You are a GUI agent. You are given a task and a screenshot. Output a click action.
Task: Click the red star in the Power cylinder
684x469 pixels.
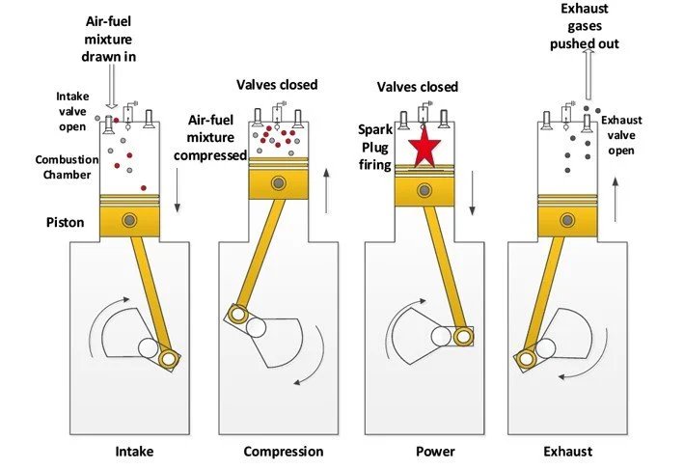(425, 150)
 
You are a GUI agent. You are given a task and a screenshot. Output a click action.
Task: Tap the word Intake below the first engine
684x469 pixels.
(134, 451)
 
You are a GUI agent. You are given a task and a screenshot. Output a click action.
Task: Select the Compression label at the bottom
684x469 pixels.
(283, 451)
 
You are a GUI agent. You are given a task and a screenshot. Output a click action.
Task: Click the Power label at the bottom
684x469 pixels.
(435, 451)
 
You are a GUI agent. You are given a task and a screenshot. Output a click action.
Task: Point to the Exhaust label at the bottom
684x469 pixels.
(567, 451)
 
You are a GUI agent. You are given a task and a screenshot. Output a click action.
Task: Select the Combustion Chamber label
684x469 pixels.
(64, 166)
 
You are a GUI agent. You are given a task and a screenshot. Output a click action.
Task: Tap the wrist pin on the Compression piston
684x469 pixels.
(278, 182)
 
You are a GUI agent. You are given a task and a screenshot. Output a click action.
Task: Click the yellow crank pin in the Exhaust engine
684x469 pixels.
(526, 360)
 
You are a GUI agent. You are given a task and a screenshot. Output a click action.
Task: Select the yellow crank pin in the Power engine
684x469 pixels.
(465, 336)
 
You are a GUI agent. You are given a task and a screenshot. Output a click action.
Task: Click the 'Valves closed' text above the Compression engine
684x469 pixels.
(277, 85)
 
